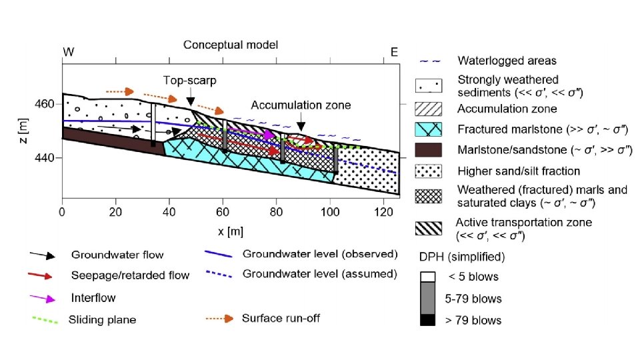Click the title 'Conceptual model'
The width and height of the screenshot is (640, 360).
(231, 45)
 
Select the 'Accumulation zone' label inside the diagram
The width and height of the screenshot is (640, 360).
(301, 105)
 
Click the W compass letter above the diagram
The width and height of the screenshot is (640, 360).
(68, 51)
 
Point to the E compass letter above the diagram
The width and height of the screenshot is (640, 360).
(394, 51)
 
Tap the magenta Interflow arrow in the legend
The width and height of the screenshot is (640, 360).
(43, 297)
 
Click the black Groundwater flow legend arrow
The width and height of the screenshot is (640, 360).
(43, 255)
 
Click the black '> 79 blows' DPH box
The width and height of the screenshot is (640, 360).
(427, 321)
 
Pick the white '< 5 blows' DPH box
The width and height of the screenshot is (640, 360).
(427, 276)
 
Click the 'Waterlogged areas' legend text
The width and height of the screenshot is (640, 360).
(507, 61)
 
